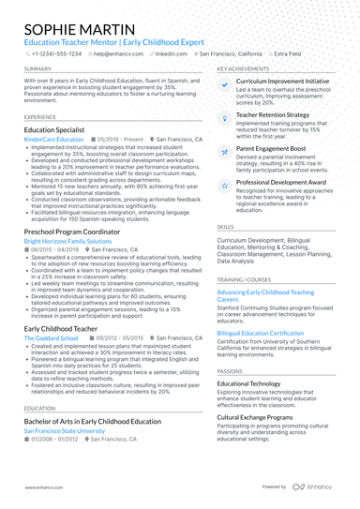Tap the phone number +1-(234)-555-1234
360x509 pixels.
tap(55, 54)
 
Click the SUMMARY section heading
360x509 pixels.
tap(37, 69)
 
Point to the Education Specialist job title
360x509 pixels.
tap(54, 130)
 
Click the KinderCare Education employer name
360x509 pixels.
tap(53, 140)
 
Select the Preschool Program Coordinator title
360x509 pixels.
tap(74, 232)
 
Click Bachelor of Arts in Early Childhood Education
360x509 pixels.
tap(93, 422)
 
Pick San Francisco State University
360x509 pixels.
tap(65, 431)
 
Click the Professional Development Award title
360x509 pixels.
tap(282, 182)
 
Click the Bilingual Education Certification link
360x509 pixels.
tap(261, 333)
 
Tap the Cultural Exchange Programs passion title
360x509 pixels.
tap(263, 416)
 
